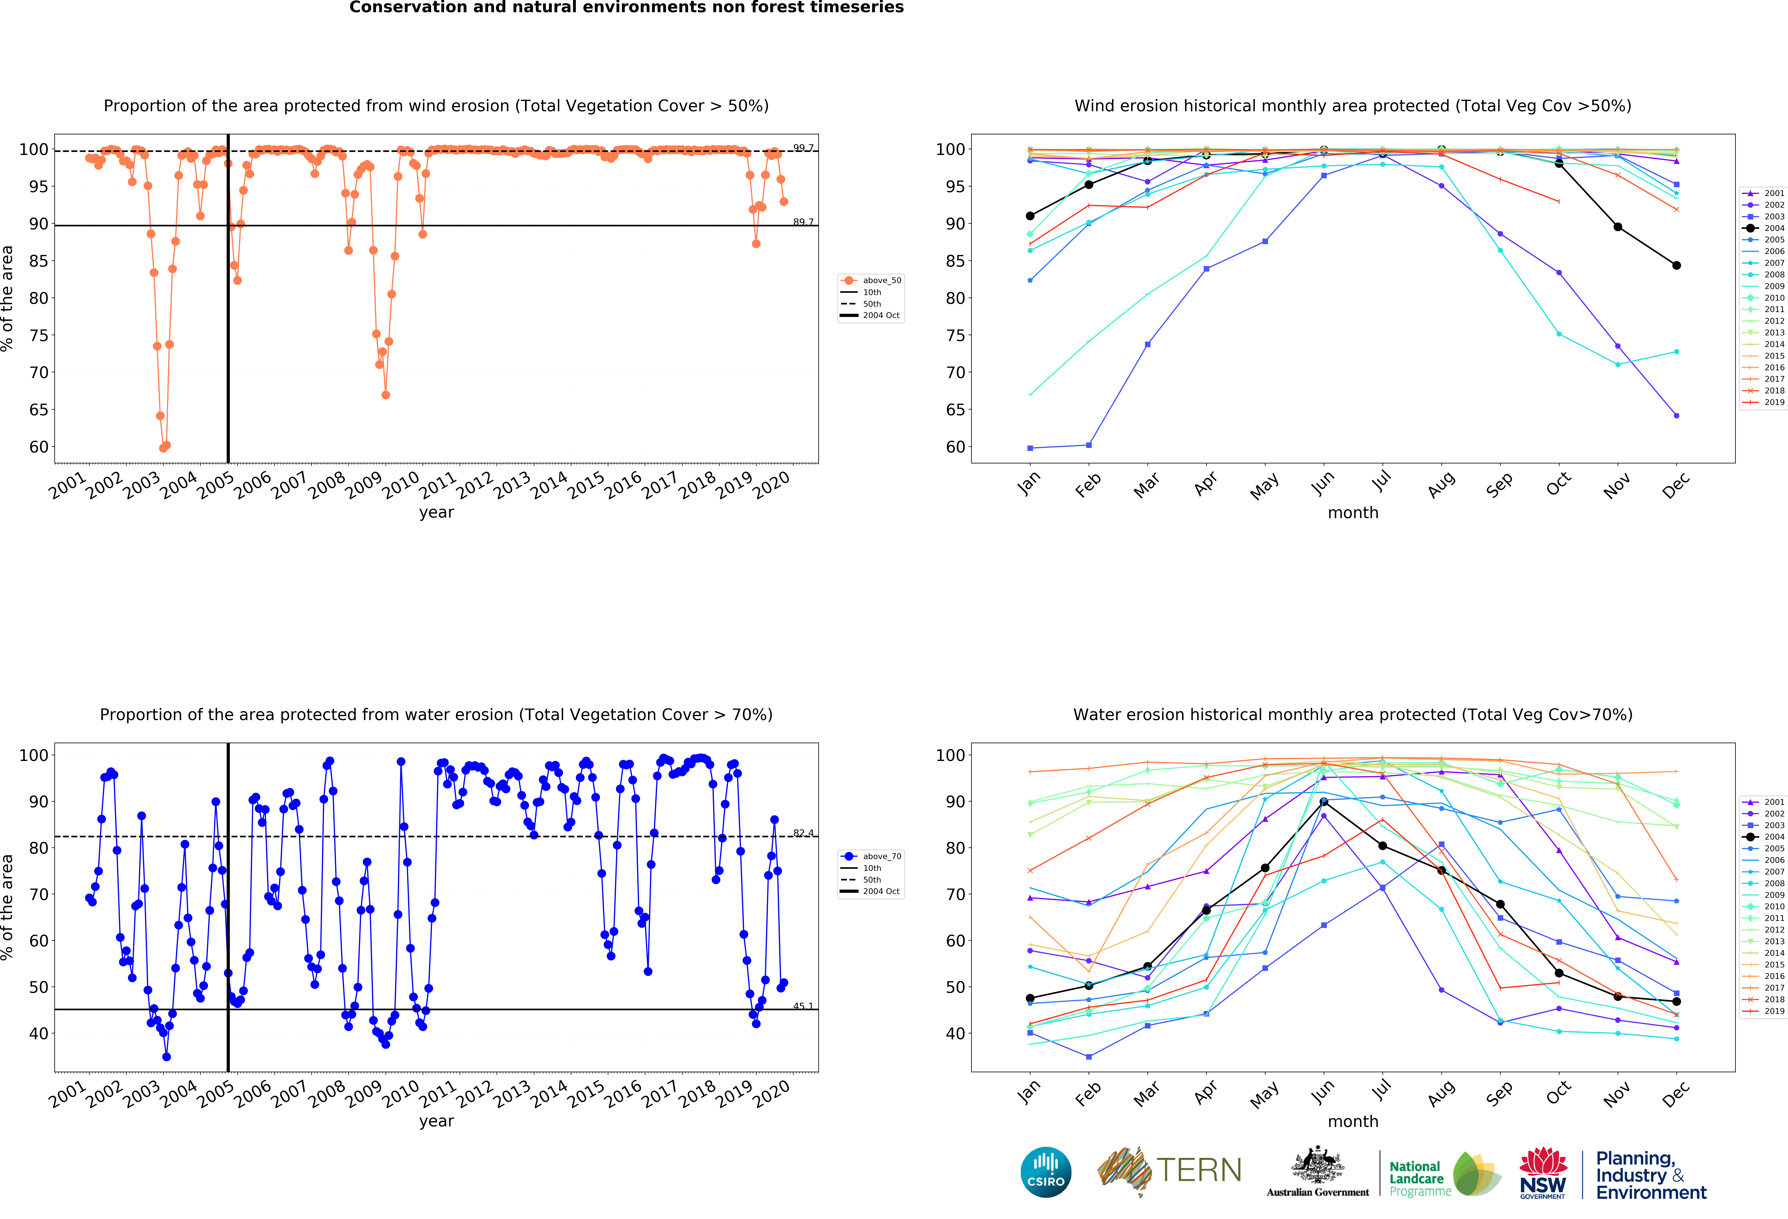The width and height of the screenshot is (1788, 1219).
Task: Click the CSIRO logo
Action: [1046, 1172]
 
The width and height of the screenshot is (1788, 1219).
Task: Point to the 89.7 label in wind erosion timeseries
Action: [803, 222]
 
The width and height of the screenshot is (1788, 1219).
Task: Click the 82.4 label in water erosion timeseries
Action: [803, 833]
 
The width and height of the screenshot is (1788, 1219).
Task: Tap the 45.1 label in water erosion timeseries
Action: [803, 1006]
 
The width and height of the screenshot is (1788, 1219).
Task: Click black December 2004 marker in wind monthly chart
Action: [1676, 265]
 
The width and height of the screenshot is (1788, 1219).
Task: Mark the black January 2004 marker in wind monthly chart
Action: [1030, 215]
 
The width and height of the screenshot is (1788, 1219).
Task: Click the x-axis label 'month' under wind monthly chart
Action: [1352, 512]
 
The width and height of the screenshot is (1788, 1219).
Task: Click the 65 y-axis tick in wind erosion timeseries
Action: [39, 409]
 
